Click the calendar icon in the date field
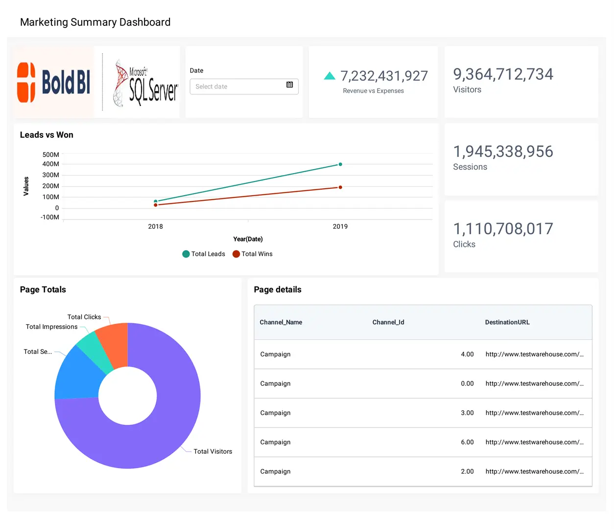tap(289, 85)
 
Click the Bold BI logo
tap(53, 82)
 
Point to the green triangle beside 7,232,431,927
tap(330, 76)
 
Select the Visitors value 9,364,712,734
tap(503, 74)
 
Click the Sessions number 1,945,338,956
tap(503, 152)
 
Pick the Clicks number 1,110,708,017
tap(503, 229)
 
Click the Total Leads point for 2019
tap(340, 164)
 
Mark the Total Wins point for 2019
tap(340, 187)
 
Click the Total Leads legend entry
tap(204, 254)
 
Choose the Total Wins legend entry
tap(253, 254)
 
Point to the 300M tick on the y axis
tap(51, 175)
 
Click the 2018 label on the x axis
tap(156, 226)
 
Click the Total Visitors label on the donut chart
tap(213, 451)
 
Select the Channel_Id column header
tap(388, 322)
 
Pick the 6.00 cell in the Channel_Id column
tap(467, 442)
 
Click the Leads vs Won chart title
tap(47, 135)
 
